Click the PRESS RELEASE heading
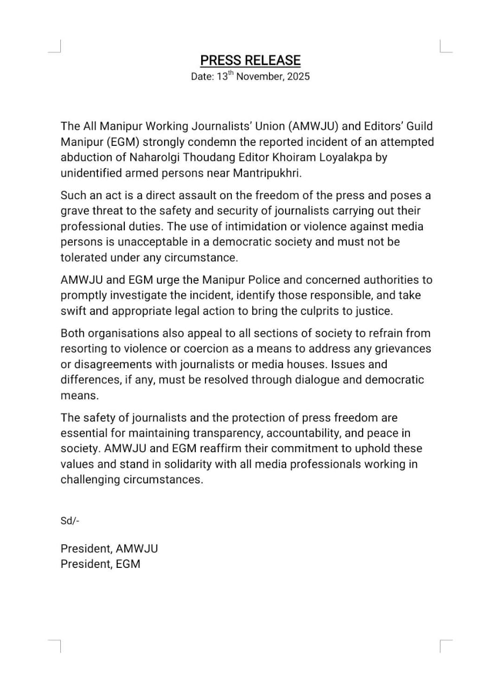(x=250, y=60)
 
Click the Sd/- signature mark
(x=70, y=521)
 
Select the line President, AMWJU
(x=109, y=549)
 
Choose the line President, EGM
(x=100, y=564)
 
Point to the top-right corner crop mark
(x=445, y=47)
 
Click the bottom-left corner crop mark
(x=56, y=644)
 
